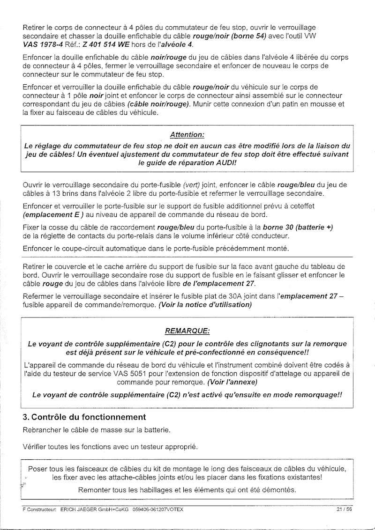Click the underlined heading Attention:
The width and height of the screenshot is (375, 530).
pyautogui.click(x=187, y=134)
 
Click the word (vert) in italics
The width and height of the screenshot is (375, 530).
pyautogui.click(x=192, y=184)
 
